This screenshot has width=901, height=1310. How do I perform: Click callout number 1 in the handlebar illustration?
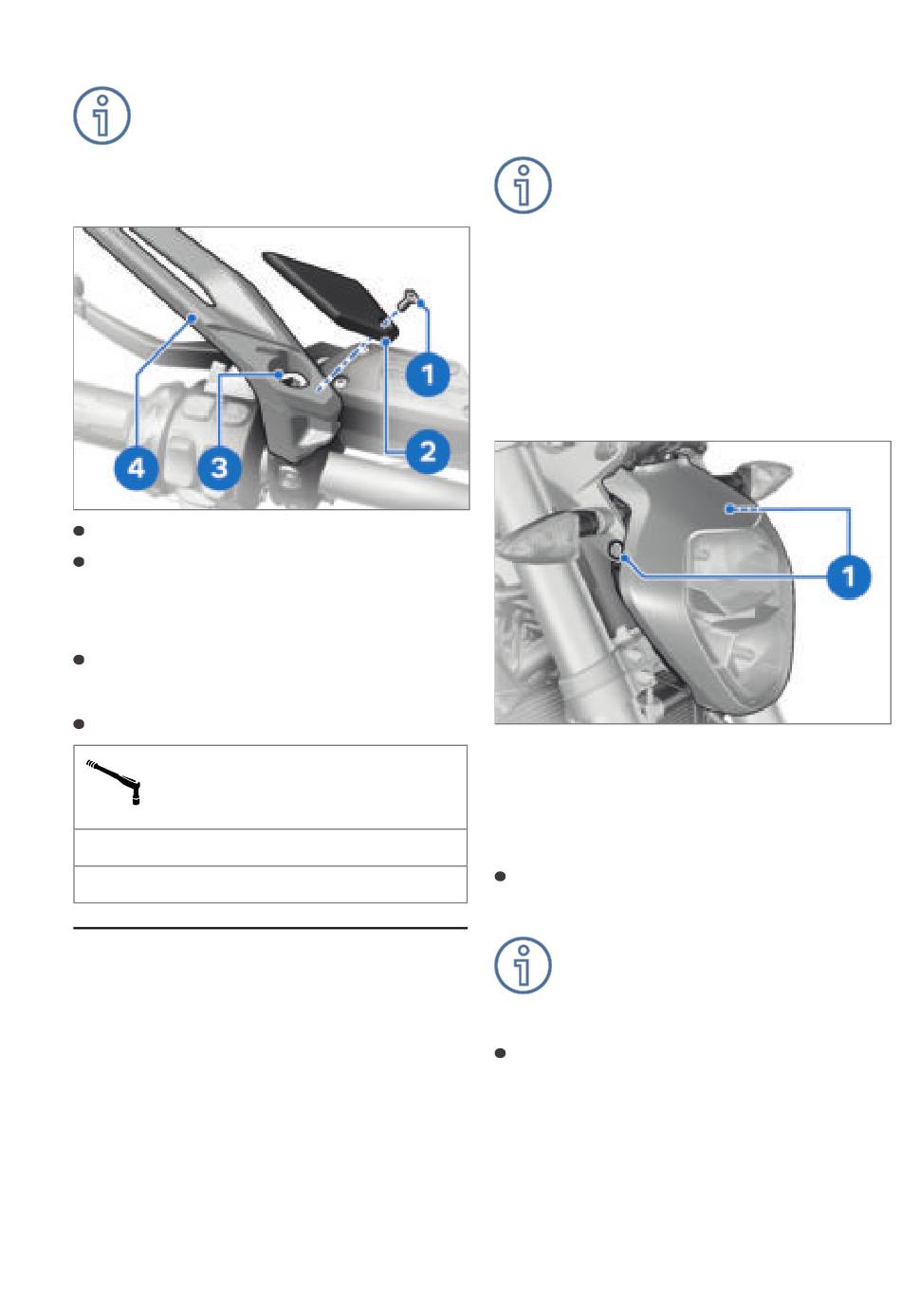(x=428, y=374)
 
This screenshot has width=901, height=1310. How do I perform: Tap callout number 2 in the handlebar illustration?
(x=428, y=451)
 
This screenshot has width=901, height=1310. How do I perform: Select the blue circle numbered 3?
(x=219, y=468)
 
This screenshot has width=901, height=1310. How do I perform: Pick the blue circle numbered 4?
(x=137, y=468)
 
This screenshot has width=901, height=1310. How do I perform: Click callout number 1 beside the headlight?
(x=848, y=576)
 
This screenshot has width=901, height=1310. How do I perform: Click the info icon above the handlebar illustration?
(x=101, y=116)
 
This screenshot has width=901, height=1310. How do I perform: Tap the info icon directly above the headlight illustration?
(x=523, y=186)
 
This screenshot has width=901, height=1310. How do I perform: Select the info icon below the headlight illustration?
(x=523, y=966)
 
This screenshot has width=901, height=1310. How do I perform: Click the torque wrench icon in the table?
(x=114, y=782)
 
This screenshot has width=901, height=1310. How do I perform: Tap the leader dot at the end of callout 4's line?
(x=192, y=318)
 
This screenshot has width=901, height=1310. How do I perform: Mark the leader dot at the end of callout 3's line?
(x=279, y=374)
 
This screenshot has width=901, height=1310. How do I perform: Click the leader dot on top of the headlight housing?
(x=729, y=509)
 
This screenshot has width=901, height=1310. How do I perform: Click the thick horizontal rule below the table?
(x=270, y=928)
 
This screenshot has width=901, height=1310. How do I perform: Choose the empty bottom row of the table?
(x=270, y=884)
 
